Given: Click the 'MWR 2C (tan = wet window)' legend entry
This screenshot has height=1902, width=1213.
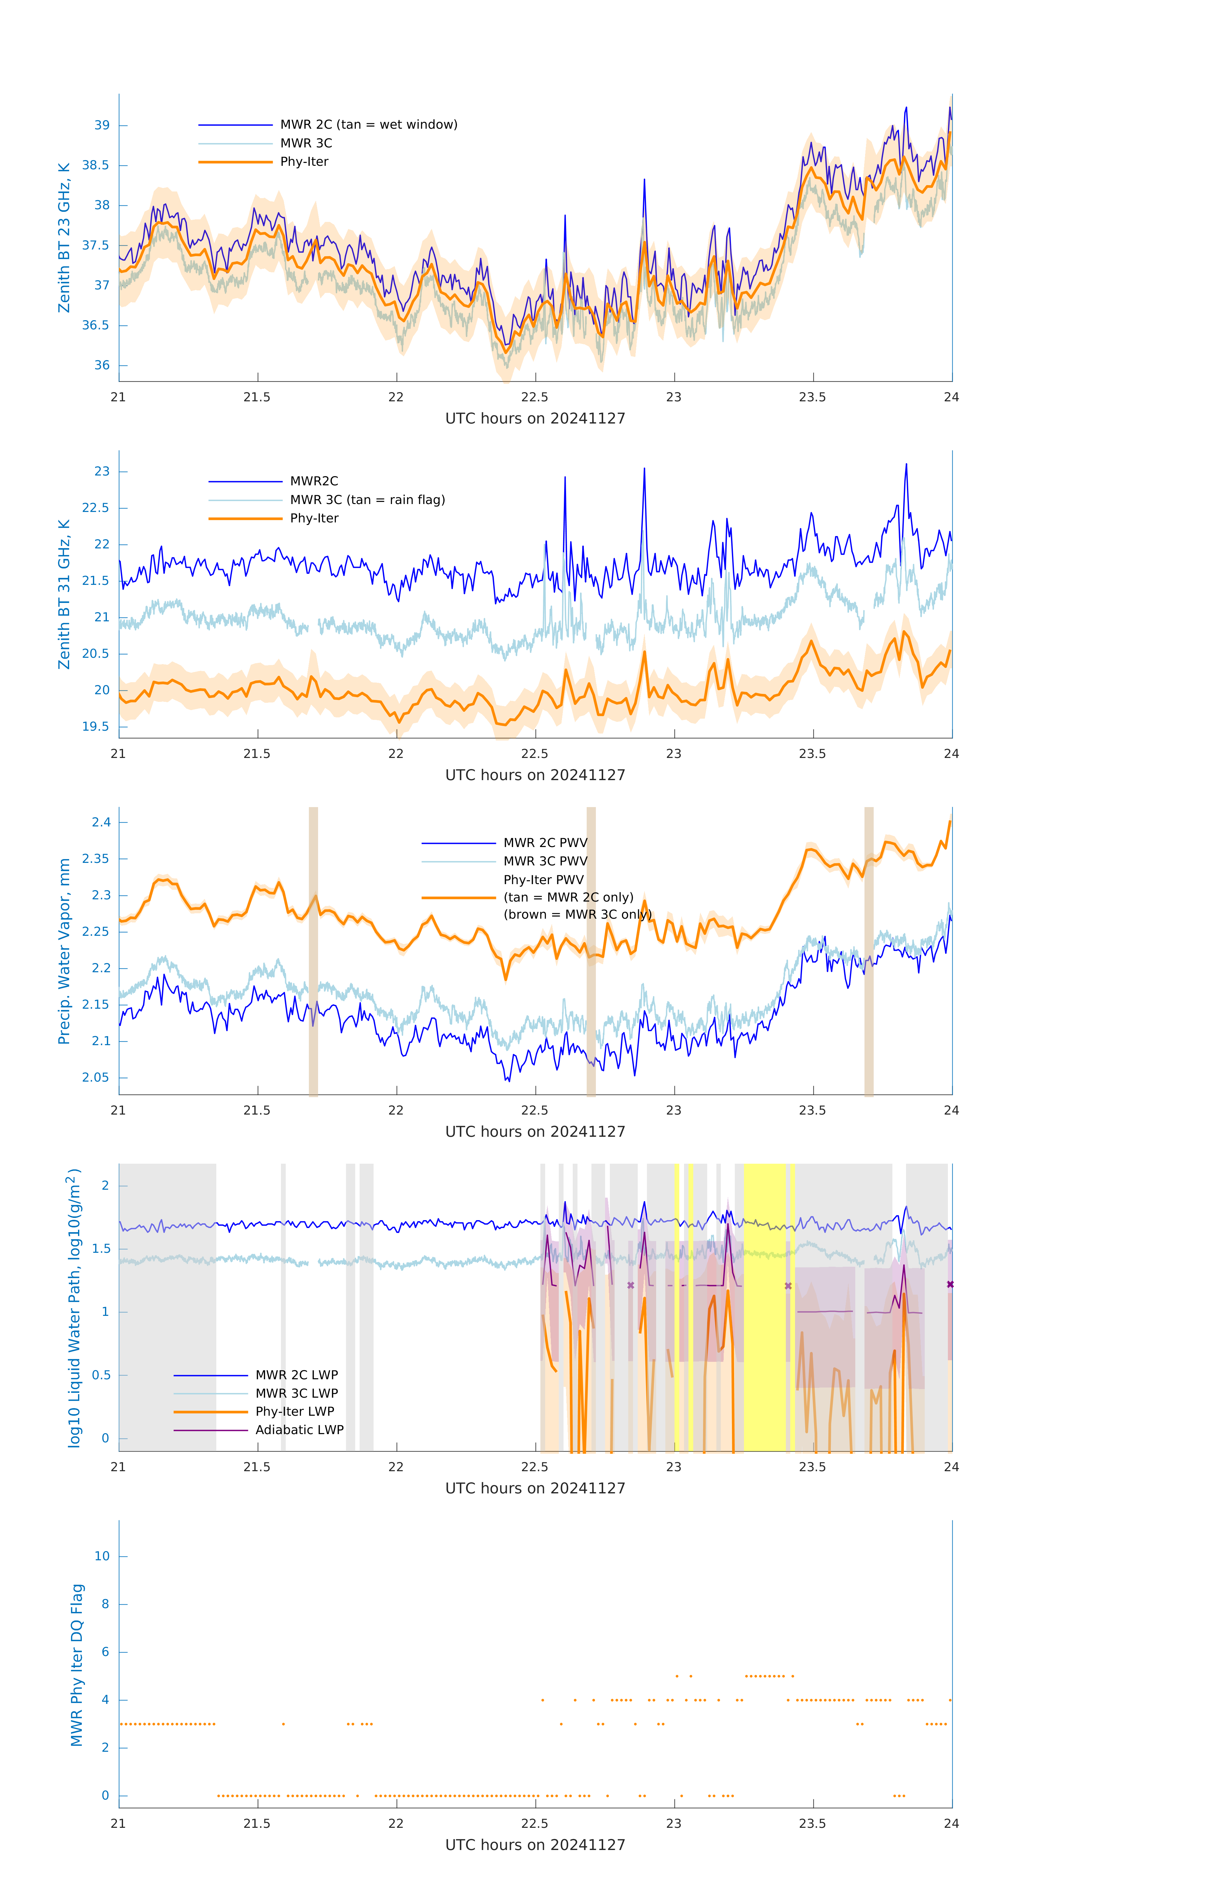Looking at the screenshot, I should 368,125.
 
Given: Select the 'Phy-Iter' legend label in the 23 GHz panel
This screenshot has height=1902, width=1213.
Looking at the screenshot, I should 304,162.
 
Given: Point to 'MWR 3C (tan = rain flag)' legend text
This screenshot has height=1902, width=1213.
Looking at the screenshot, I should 368,500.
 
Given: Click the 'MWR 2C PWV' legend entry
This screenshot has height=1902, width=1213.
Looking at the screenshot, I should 545,843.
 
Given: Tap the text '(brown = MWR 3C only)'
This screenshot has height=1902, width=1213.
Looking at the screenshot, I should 578,915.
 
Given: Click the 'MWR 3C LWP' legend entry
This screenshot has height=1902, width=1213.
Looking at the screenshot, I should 296,1393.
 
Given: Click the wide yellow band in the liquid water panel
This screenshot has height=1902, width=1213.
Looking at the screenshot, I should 764,1307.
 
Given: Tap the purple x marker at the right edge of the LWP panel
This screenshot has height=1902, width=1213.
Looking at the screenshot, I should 950,1284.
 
